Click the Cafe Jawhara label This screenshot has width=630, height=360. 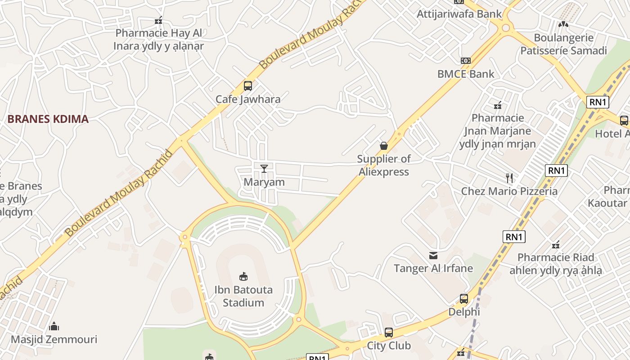(x=248, y=99)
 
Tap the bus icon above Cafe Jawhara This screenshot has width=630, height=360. (x=248, y=85)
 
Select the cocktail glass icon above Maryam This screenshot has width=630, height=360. (x=264, y=168)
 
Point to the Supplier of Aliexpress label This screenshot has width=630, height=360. (x=384, y=165)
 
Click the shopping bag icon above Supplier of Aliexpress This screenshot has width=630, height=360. (x=384, y=145)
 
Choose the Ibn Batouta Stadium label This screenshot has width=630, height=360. (x=243, y=296)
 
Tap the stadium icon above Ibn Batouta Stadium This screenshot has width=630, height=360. (x=243, y=276)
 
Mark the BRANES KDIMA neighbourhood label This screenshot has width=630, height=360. (x=48, y=119)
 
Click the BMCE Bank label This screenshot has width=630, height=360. (x=466, y=74)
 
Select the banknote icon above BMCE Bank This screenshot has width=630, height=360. (x=466, y=60)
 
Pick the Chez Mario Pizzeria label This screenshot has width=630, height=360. (x=509, y=191)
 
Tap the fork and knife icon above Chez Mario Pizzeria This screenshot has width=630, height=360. (x=509, y=178)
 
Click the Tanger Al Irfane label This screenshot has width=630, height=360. (x=433, y=269)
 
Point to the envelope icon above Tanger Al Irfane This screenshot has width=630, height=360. (x=433, y=256)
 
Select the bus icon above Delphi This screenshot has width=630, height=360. (x=464, y=298)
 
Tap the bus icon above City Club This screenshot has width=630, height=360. (x=389, y=333)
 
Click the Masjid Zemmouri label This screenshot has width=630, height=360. (x=54, y=339)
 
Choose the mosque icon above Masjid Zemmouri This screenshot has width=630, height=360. (x=54, y=326)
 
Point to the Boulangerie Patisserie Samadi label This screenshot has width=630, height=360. (x=563, y=44)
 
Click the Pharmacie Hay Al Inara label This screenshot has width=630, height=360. (x=159, y=40)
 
